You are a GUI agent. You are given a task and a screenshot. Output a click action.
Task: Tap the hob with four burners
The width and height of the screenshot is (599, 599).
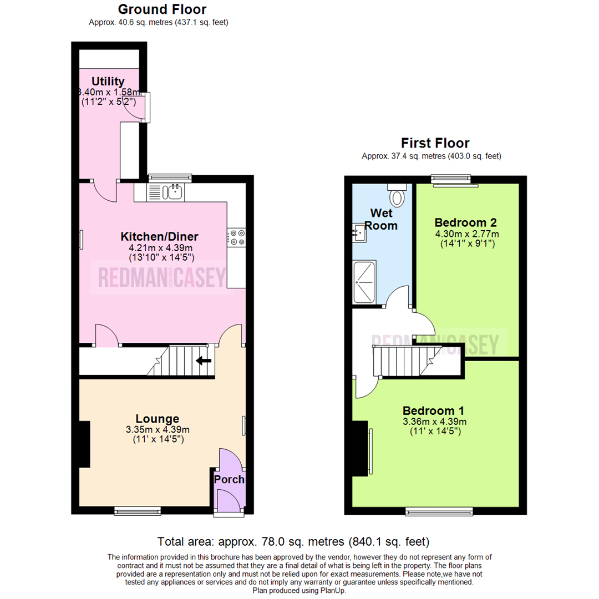click(237, 237)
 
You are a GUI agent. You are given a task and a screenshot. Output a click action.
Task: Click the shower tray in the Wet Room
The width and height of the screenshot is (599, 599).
click(364, 282)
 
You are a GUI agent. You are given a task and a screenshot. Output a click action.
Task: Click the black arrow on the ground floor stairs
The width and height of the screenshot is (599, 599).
click(204, 362)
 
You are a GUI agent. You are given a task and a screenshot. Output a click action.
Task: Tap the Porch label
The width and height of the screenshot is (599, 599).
click(229, 479)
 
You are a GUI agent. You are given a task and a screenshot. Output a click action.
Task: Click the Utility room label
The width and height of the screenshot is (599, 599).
click(108, 82)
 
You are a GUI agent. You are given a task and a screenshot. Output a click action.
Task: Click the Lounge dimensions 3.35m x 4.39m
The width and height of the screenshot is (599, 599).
click(158, 430)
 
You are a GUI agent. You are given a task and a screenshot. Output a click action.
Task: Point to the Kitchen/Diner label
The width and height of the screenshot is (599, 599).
click(160, 236)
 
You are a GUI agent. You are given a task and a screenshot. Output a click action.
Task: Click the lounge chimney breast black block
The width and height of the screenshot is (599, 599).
click(84, 444)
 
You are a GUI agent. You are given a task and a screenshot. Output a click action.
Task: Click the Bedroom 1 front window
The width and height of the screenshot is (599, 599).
click(439, 510)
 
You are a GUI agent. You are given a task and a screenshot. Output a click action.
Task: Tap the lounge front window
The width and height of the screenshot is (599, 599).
click(138, 510)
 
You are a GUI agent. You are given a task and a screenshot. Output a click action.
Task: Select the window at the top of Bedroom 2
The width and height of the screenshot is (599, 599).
click(449, 179)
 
